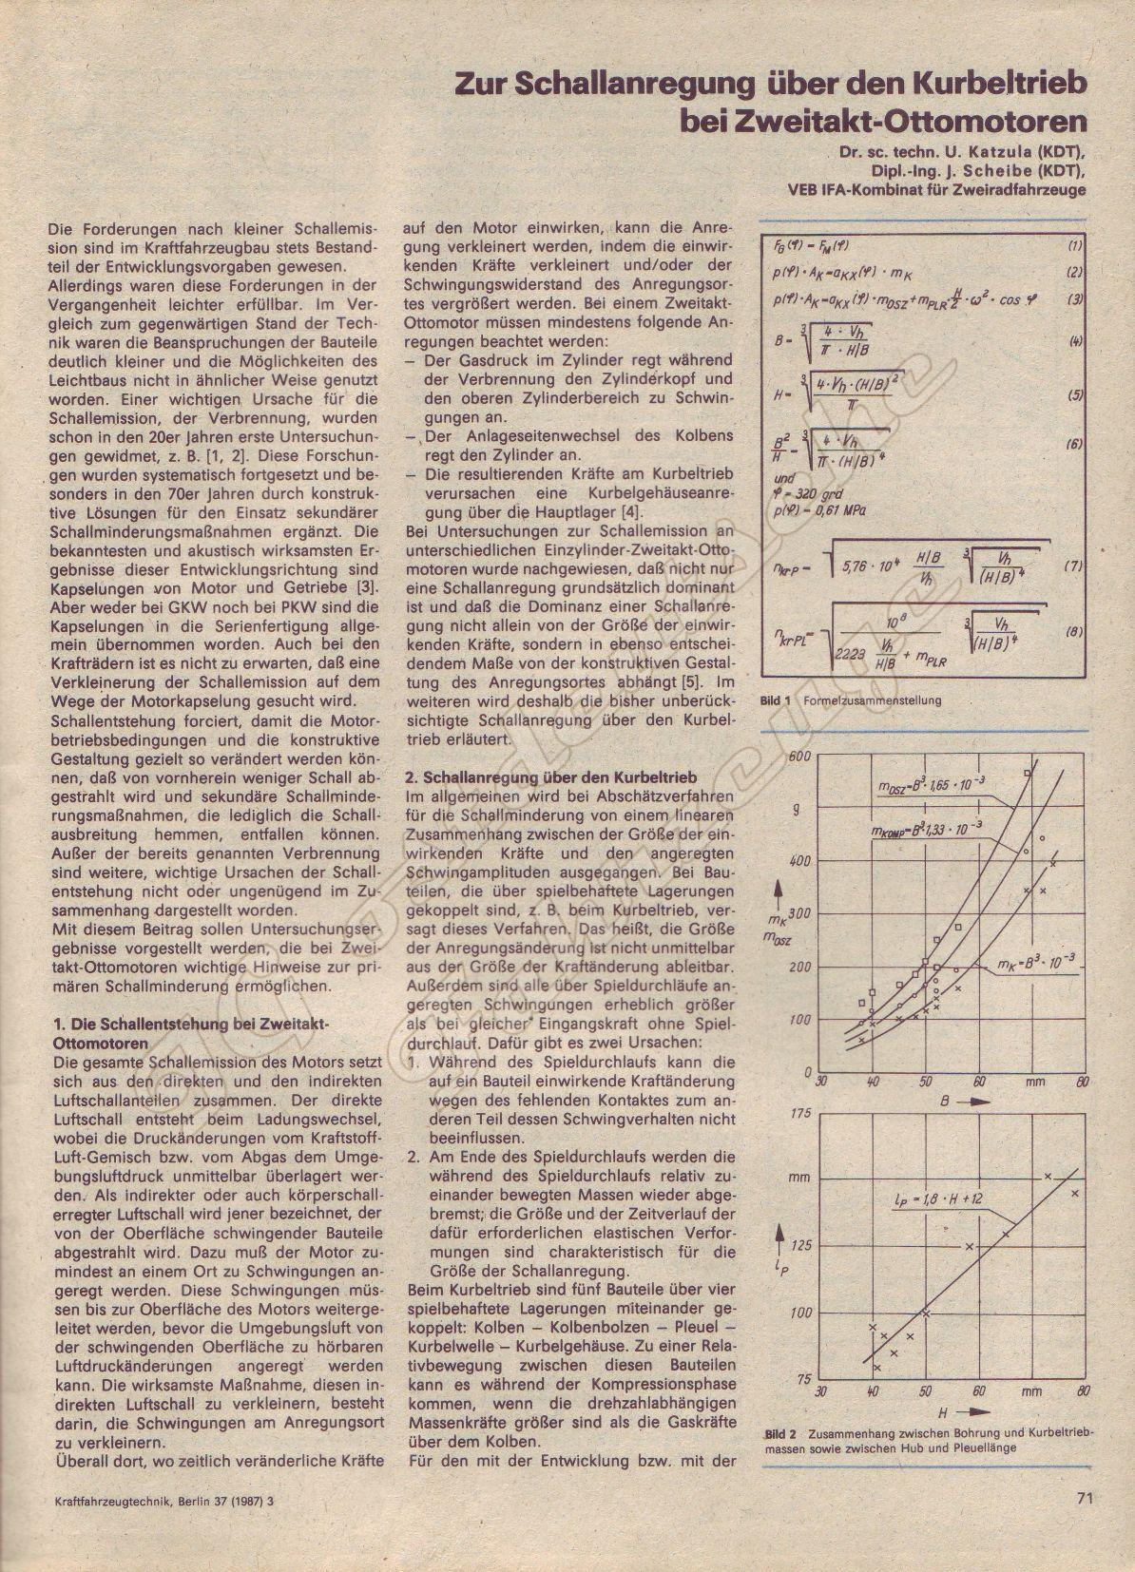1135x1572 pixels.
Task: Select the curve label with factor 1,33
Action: click(x=917, y=829)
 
